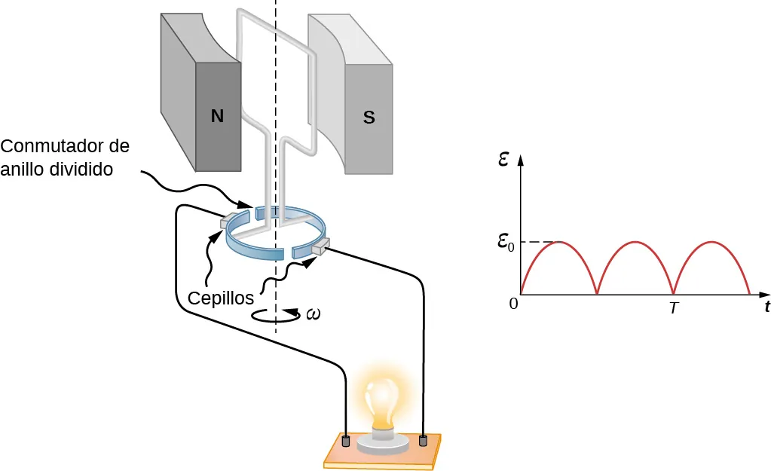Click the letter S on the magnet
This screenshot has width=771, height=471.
pos(369,118)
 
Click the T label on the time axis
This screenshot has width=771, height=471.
pos(674,308)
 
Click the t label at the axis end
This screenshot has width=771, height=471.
pos(766,307)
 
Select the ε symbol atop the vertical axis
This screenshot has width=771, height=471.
pos(503,159)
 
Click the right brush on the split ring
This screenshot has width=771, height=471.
pos(319,246)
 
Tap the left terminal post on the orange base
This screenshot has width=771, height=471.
pos(346,440)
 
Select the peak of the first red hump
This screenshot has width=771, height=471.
pos(559,242)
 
